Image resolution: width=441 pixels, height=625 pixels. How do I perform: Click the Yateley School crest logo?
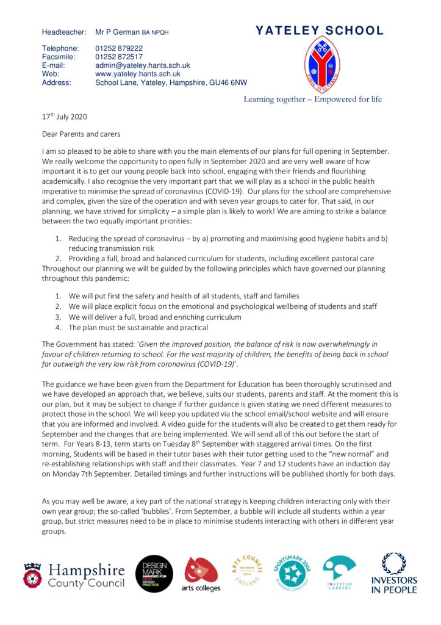(x=321, y=65)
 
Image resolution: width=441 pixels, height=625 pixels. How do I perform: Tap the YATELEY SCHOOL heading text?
(x=320, y=31)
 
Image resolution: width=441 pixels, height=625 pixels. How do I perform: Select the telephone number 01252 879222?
(x=119, y=48)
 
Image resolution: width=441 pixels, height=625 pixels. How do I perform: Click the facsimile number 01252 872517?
(x=119, y=57)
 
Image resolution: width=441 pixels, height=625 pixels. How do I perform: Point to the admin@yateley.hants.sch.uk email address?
(x=143, y=65)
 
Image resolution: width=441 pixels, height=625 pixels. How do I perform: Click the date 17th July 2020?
(x=69, y=117)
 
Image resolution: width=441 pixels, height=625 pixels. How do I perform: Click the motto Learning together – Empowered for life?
(x=312, y=99)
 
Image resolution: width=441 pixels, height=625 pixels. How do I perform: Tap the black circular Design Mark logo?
(x=154, y=574)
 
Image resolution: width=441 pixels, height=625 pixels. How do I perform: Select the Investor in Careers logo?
(x=339, y=574)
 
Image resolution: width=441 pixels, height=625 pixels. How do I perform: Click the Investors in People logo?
(x=394, y=574)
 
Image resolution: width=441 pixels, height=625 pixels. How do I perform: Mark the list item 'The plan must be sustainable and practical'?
(x=138, y=327)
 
